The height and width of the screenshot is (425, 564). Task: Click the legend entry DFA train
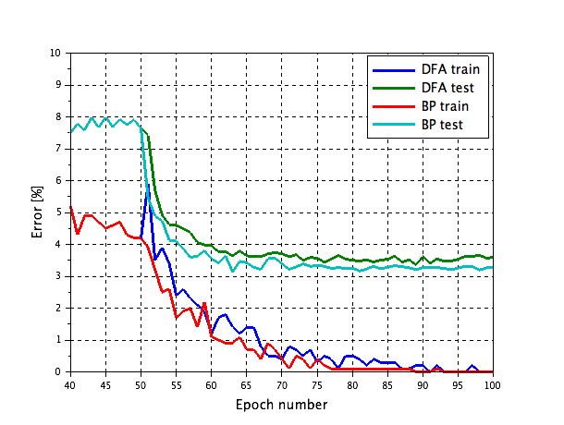point(450,68)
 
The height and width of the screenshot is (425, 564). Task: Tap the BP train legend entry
point(446,105)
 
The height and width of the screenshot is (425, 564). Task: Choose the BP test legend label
point(442,124)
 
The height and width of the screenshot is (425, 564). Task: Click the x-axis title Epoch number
point(281,404)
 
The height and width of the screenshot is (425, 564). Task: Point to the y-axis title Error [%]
point(38,212)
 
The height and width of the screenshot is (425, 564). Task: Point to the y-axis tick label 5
point(59,212)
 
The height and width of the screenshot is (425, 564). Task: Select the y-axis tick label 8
point(59,117)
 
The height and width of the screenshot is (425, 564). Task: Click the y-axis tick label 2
point(59,308)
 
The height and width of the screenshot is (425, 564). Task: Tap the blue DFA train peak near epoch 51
point(148,185)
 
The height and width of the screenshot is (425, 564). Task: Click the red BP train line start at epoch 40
point(71,207)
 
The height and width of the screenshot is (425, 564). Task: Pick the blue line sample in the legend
point(392,68)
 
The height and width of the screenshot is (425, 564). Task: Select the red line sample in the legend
point(392,105)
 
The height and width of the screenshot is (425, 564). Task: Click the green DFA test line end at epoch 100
point(492,257)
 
